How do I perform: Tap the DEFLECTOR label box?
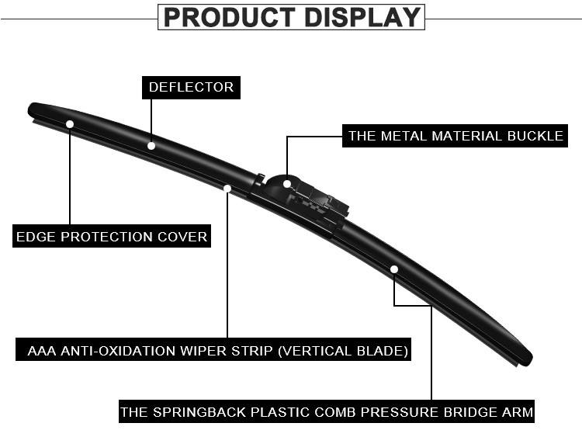click(191, 87)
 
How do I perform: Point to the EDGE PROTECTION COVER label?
click(112, 236)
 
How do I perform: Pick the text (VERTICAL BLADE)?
click(342, 350)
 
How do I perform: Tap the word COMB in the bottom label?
click(328, 411)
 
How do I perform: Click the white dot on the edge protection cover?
click(70, 124)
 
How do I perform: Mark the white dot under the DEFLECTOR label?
click(151, 145)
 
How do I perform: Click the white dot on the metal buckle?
click(287, 184)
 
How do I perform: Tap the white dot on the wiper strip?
click(227, 188)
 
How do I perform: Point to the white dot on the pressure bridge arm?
click(394, 269)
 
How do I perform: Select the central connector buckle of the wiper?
click(307, 199)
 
